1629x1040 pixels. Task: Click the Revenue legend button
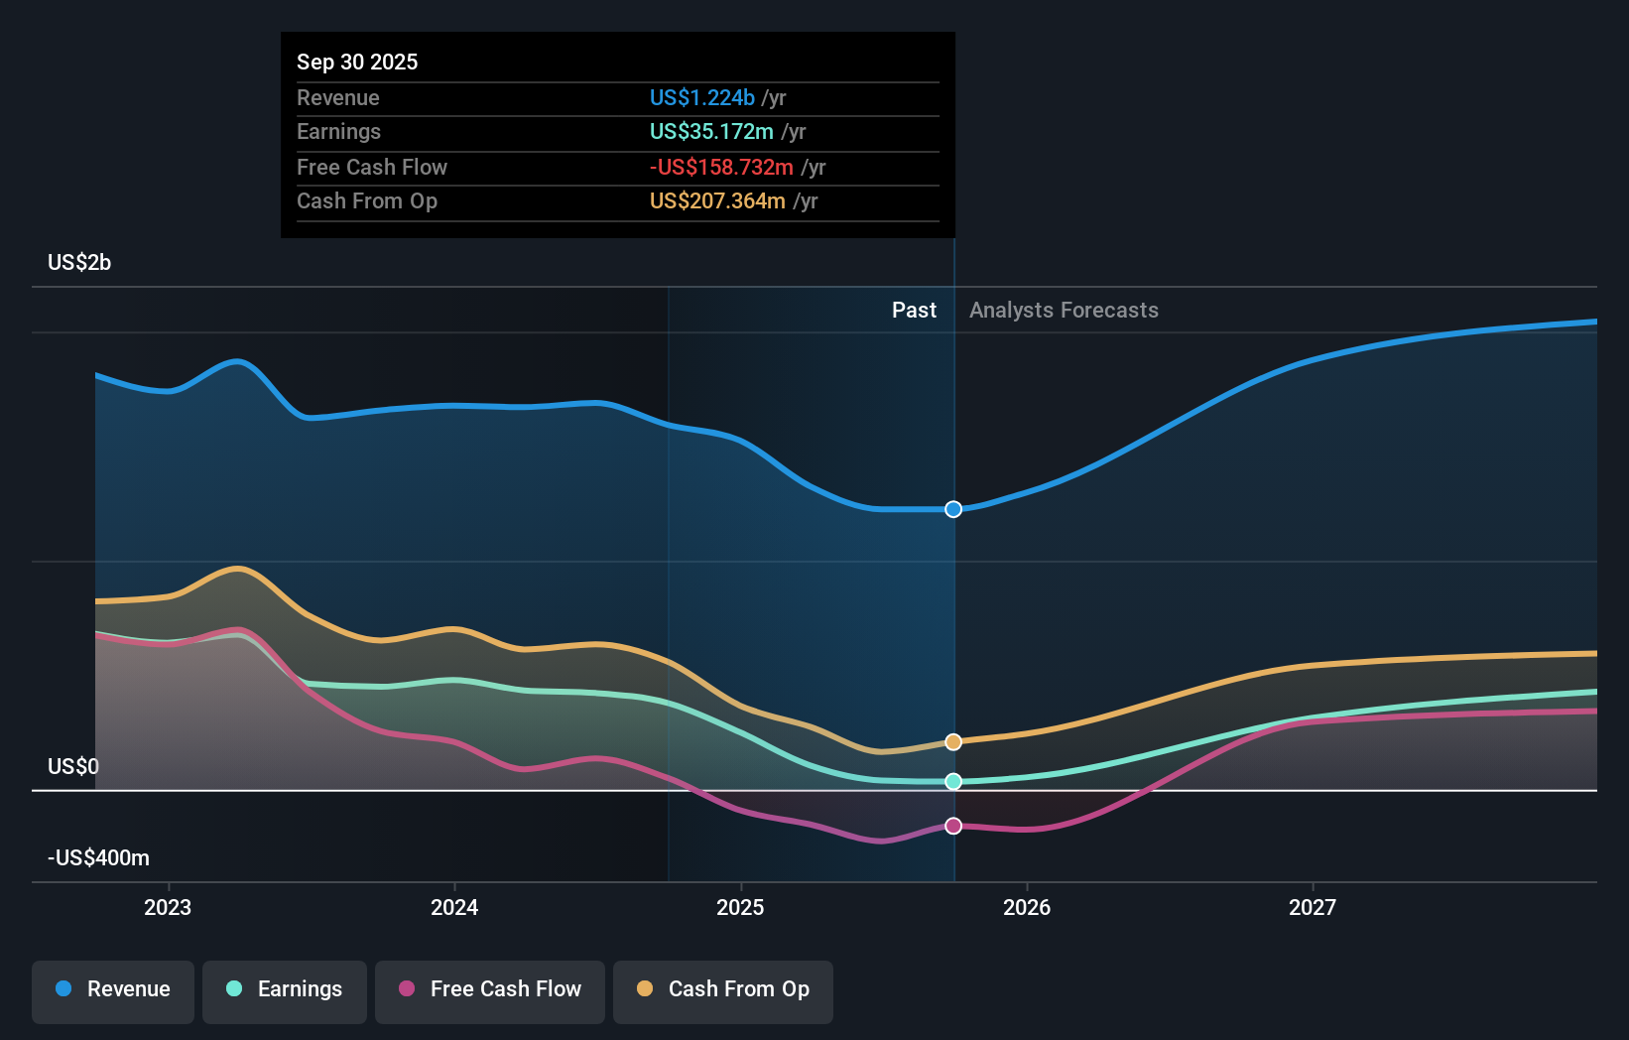(x=113, y=990)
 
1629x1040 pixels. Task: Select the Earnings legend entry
(x=285, y=990)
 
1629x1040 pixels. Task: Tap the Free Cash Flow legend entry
(x=490, y=990)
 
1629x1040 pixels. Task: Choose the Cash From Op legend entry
(x=723, y=990)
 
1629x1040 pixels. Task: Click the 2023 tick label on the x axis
(x=168, y=907)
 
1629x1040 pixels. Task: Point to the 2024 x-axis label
(x=454, y=907)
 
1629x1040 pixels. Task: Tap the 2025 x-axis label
(x=740, y=907)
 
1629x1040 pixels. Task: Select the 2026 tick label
(x=1027, y=907)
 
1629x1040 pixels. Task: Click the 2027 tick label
(x=1313, y=907)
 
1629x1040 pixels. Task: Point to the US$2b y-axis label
(x=79, y=262)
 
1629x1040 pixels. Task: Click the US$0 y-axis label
(x=73, y=766)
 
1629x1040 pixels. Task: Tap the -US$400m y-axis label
(x=98, y=857)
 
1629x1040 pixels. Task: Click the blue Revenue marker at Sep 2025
(x=953, y=509)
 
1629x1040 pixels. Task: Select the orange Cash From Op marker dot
(x=953, y=742)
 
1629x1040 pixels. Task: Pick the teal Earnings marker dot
(x=953, y=782)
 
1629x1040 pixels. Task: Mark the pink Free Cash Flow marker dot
(x=953, y=826)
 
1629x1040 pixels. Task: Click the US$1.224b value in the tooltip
(x=701, y=97)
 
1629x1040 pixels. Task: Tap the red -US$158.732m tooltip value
(x=721, y=167)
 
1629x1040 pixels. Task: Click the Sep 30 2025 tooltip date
(x=357, y=62)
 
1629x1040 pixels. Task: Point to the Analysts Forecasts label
(x=1064, y=310)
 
